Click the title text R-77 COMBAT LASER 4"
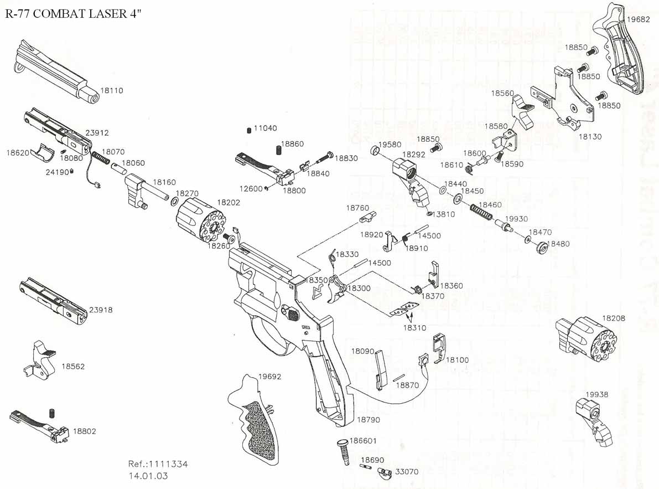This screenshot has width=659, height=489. click(73, 14)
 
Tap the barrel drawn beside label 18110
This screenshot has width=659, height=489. click(55, 72)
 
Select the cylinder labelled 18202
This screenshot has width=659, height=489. click(200, 225)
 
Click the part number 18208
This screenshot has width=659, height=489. click(614, 318)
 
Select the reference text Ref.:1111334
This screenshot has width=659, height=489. click(158, 464)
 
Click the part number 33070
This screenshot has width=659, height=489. click(407, 472)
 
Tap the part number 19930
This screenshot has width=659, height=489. click(517, 220)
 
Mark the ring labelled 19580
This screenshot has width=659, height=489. click(375, 152)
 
